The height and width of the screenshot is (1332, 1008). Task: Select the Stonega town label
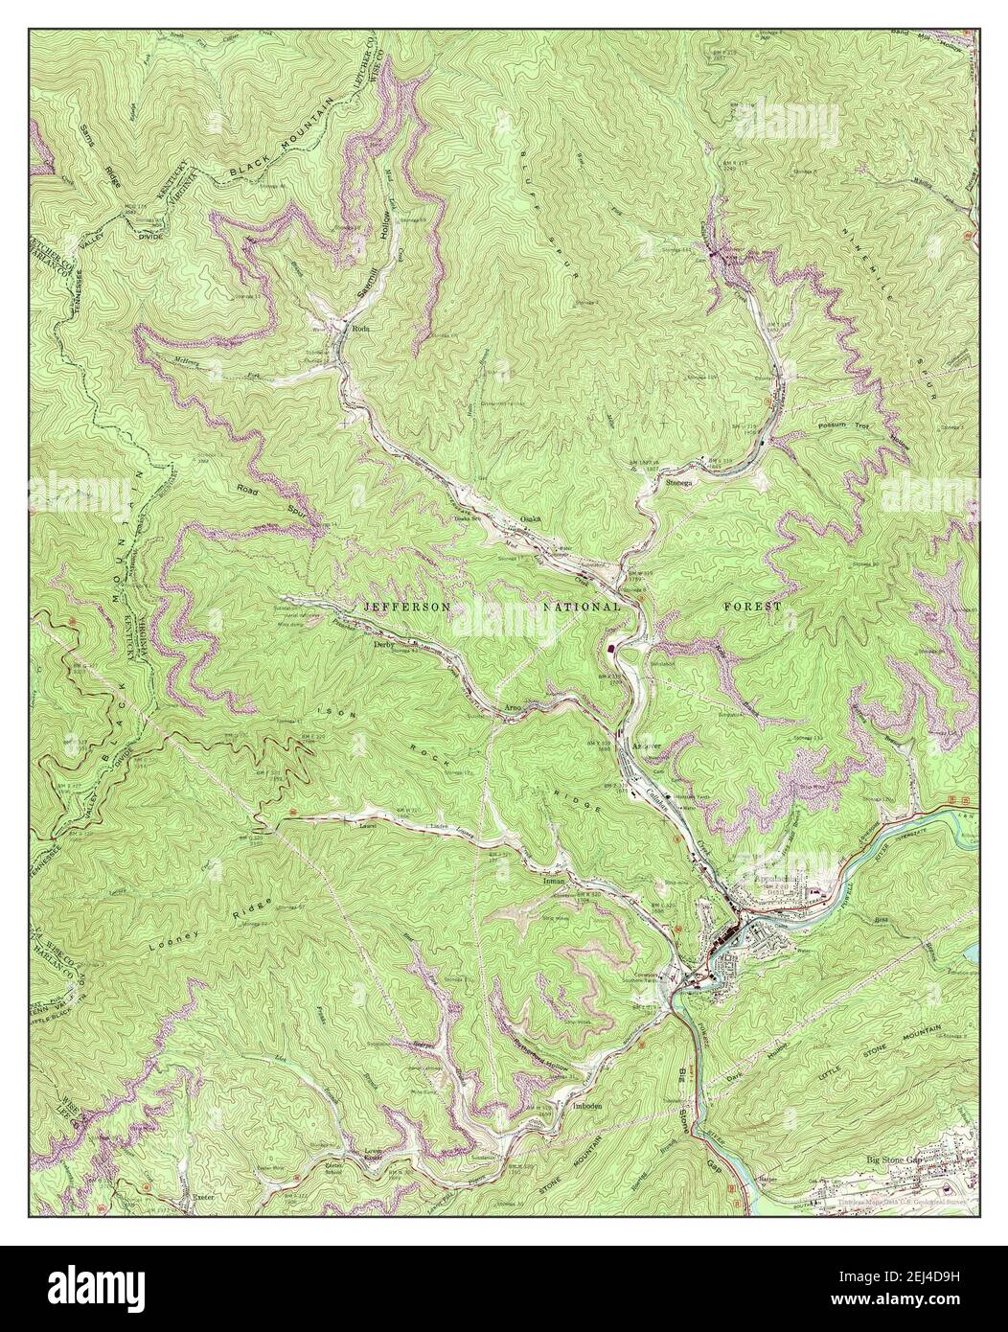(x=681, y=483)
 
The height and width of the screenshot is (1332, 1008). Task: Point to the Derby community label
(x=383, y=645)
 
